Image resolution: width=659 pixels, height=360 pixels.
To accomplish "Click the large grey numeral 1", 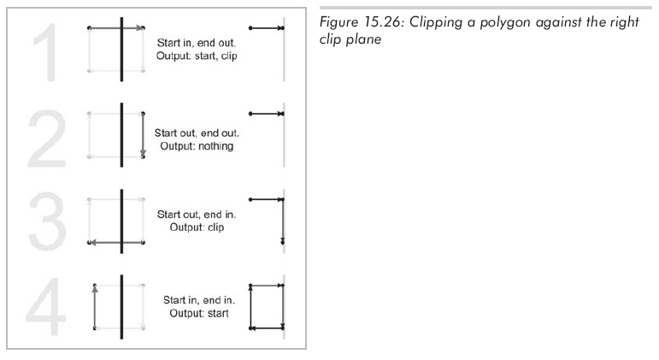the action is click(46, 52).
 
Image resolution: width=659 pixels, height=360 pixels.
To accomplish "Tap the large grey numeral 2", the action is click(47, 139).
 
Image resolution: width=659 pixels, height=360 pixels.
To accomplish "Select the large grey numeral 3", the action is click(48, 221).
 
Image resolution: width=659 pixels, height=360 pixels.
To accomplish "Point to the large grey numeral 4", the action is click(46, 306).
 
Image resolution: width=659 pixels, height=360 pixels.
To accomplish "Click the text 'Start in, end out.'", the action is click(197, 43).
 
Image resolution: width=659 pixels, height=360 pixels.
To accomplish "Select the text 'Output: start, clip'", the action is click(197, 56).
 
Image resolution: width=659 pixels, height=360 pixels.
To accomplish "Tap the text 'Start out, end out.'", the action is click(197, 133).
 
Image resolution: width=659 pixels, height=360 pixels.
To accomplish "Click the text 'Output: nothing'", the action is click(197, 146).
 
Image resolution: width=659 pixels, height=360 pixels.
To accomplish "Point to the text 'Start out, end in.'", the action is click(197, 215).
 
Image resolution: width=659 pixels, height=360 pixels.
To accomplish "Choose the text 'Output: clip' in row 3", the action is click(197, 227).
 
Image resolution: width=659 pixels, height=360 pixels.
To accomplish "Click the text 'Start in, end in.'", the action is click(199, 300).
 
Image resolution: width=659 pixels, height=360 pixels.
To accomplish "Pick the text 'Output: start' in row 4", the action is click(199, 313).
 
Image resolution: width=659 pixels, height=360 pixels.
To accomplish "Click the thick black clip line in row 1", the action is click(121, 50).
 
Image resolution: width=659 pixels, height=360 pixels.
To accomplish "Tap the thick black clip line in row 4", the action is click(121, 307).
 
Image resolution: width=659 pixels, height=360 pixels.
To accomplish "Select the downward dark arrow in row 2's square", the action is click(143, 134).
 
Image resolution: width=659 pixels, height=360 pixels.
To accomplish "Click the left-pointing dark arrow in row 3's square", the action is click(116, 242).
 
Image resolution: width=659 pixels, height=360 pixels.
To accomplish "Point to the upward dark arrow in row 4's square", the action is click(95, 306).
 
